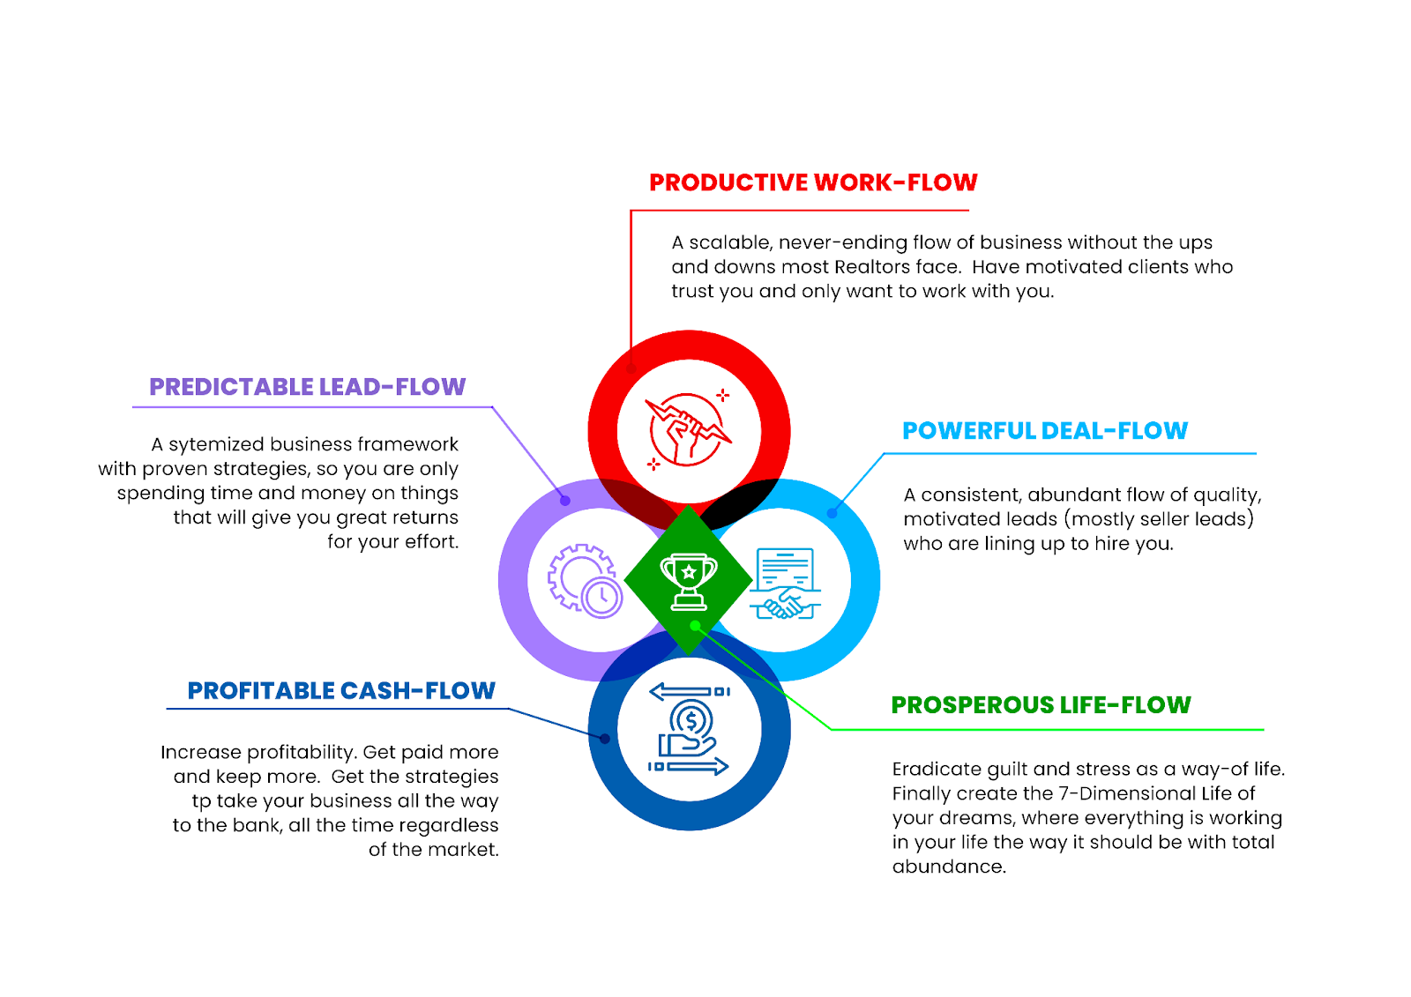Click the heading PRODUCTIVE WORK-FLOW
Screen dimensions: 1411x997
(x=813, y=182)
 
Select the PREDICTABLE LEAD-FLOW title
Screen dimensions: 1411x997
(x=308, y=387)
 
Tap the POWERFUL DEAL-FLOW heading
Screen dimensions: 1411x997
(x=1045, y=431)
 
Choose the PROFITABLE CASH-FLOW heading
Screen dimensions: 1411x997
(x=341, y=691)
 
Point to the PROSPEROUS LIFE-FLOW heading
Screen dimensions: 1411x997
(x=1041, y=704)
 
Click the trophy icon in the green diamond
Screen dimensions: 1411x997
(x=689, y=582)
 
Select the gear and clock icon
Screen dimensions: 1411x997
(x=586, y=581)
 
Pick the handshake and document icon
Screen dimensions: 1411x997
(x=785, y=584)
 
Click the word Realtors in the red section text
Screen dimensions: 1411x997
(x=872, y=267)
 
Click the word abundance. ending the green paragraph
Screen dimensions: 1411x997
(x=949, y=867)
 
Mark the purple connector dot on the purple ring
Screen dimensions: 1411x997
(x=565, y=501)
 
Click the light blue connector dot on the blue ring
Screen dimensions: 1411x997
(x=832, y=513)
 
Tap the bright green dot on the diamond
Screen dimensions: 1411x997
(x=695, y=625)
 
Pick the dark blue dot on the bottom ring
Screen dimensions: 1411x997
(x=605, y=738)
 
